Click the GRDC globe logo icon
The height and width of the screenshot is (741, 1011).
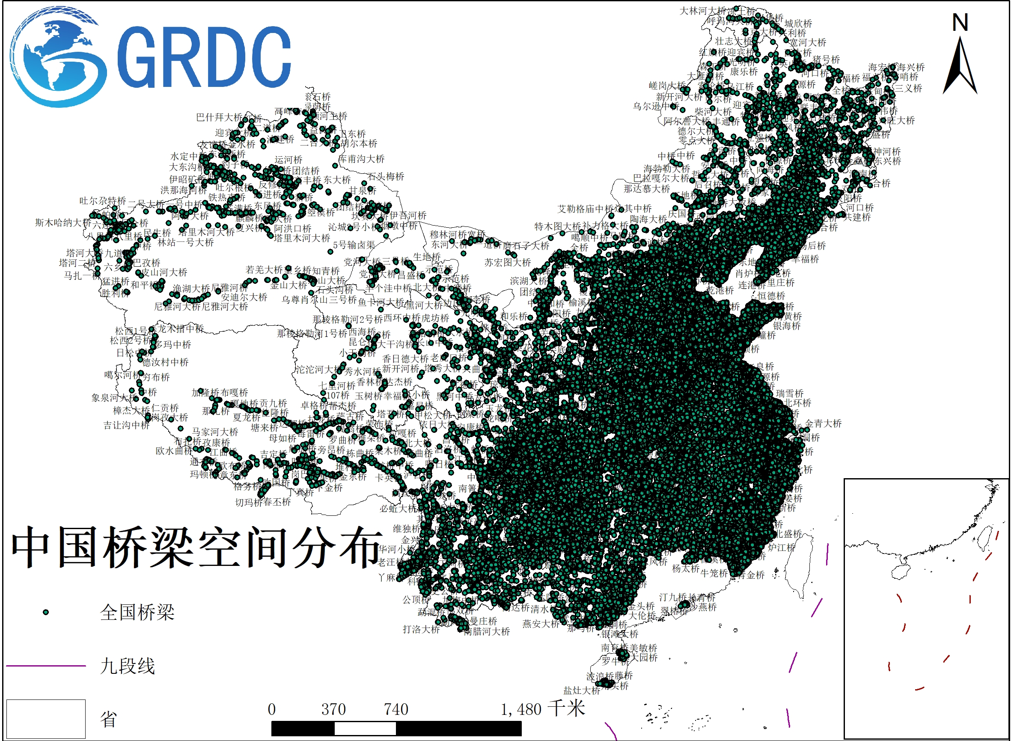(58, 57)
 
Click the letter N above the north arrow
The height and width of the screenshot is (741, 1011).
(960, 22)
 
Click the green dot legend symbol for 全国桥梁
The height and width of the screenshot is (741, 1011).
(46, 612)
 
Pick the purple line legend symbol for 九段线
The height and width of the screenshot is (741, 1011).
(46, 666)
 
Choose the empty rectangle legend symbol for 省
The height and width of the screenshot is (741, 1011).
(46, 719)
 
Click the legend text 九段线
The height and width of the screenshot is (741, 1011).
(128, 666)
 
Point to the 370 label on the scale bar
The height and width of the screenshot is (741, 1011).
(333, 709)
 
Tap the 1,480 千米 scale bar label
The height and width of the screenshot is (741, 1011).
(543, 709)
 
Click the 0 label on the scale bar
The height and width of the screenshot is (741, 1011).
(272, 709)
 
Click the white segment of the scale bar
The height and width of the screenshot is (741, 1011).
(365, 729)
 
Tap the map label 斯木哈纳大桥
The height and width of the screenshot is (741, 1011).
(63, 223)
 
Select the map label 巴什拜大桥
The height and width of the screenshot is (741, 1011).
(219, 118)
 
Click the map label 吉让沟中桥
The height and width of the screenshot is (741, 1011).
(127, 425)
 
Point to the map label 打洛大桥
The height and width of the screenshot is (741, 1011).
(421, 629)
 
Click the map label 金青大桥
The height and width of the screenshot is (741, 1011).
(823, 423)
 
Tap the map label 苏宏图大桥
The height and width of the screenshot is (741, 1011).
(508, 262)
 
